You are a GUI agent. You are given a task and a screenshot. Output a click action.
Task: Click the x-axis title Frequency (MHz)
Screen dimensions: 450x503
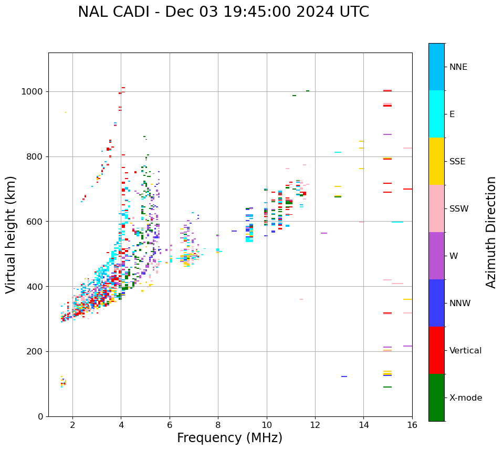coord(229,438)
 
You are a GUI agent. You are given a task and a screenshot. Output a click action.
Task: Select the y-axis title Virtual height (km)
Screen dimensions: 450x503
coord(11,234)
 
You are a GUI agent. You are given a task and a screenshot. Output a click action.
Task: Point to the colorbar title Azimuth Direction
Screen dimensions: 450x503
coord(491,232)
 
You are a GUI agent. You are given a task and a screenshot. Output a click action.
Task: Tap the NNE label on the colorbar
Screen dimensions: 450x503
coord(458,67)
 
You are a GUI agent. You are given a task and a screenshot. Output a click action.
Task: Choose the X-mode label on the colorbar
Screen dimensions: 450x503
coord(465,398)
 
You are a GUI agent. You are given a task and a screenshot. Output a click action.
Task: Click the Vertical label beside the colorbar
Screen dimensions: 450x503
coord(465,351)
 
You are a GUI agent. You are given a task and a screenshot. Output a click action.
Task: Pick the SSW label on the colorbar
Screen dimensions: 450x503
coord(459,209)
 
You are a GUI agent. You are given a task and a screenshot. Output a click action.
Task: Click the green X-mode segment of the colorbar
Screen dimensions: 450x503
coord(436,397)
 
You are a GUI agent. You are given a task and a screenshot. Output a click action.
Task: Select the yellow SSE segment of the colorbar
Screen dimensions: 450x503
coord(436,161)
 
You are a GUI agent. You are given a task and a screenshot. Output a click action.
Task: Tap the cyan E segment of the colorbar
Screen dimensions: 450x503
coord(436,114)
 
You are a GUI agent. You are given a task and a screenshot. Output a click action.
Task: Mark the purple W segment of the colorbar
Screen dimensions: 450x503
coord(436,256)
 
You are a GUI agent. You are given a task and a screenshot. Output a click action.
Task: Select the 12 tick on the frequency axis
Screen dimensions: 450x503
coord(315,425)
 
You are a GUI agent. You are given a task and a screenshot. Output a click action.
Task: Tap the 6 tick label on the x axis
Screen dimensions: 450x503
coord(170,425)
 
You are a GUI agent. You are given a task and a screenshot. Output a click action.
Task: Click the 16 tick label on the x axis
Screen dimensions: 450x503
coord(412,425)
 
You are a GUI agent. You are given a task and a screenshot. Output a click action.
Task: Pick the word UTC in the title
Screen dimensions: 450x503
coord(353,12)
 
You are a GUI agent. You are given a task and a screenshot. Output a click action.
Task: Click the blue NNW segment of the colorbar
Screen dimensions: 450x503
coord(436,303)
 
